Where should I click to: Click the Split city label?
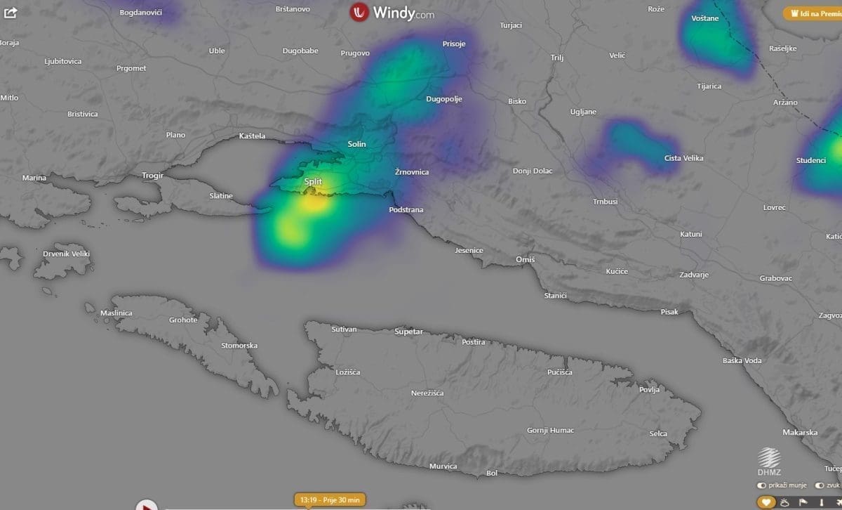[x=313, y=181]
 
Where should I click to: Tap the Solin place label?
[x=356, y=144]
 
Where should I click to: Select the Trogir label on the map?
[x=152, y=176]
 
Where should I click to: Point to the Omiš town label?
[x=525, y=260]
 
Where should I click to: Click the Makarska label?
[x=800, y=433]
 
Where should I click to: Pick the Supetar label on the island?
[x=409, y=331]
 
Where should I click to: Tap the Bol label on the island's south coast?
[x=492, y=473]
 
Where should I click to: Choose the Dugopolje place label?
[x=444, y=99]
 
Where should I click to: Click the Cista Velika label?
[x=683, y=159]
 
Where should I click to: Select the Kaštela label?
[x=252, y=136]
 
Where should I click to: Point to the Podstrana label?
[x=406, y=209]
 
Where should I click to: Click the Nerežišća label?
[x=427, y=393]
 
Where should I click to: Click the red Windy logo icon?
[x=360, y=12]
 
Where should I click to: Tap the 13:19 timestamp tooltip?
[x=330, y=499]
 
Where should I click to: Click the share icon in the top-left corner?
[x=10, y=13]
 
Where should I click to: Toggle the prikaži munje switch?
[x=762, y=485]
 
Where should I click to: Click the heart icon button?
[x=766, y=502]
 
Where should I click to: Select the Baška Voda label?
[x=742, y=360]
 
